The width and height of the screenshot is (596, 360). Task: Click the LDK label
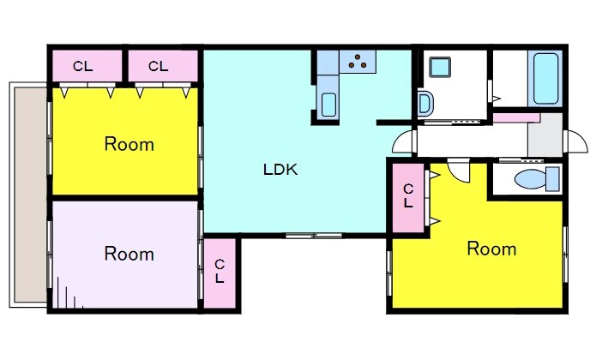280,170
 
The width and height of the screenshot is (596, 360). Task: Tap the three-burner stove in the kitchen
358,61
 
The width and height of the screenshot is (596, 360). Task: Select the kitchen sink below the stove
328,105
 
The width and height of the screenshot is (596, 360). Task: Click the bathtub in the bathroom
545,79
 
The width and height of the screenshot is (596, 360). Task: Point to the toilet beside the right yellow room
537,179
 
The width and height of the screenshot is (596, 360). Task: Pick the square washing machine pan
440,67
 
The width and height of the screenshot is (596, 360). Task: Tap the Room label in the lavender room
129,254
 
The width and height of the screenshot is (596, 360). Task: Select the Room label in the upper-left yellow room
129,144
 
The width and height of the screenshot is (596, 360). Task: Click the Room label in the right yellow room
491,249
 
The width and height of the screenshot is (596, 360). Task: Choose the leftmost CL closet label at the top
83,67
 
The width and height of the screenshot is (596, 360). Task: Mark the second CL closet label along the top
158,67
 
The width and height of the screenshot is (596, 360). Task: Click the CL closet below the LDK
220,273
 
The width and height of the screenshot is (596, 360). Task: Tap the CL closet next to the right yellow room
408,197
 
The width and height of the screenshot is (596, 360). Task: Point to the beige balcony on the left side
30,195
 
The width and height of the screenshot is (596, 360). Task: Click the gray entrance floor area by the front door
545,135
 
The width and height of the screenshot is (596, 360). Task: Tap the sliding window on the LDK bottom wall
314,236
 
